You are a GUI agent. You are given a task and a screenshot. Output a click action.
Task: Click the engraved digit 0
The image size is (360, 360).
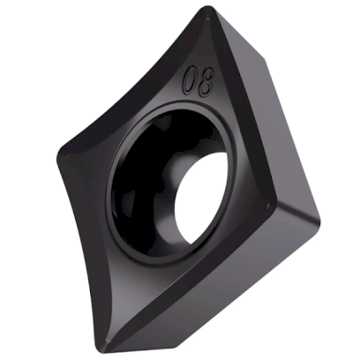coord(190,83)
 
